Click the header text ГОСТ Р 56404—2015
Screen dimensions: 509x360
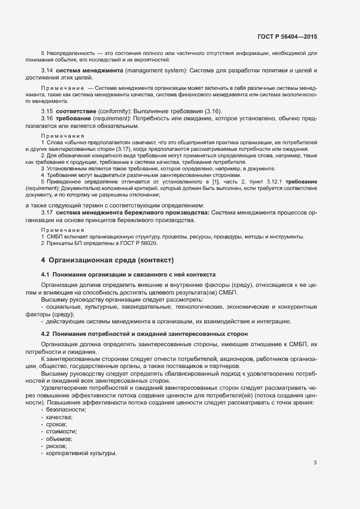[287, 36]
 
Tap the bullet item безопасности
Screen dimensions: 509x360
[66, 409]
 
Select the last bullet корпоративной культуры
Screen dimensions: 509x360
[82, 453]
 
